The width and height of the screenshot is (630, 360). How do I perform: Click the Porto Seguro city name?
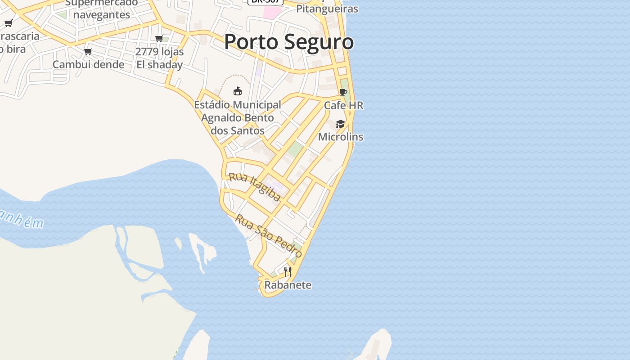pos(288,42)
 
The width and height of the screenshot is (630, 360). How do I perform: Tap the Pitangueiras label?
pos(327,9)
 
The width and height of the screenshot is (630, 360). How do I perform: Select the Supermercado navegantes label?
pos(102,9)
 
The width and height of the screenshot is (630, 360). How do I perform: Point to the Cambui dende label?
pos(88,64)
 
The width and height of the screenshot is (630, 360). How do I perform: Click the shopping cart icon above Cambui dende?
pos(88,51)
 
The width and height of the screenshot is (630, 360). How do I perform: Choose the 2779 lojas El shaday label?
pos(159,58)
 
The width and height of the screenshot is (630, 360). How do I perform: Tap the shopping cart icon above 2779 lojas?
pos(159,39)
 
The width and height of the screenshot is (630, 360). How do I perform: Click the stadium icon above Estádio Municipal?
pos(237,91)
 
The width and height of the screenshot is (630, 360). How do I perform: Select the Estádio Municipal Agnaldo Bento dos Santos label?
pos(237,117)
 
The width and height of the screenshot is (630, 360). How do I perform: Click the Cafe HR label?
pos(343,105)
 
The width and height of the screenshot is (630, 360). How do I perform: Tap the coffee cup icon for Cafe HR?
pos(343,92)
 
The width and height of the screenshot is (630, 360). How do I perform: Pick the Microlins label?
pos(340,137)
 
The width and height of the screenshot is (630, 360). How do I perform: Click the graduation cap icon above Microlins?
pos(340,124)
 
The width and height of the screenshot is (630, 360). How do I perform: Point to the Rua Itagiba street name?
pos(255,186)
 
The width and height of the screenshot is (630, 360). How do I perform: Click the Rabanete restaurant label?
pos(288,285)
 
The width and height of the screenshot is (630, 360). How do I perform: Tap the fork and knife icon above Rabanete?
pos(288,271)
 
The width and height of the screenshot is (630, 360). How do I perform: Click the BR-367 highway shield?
pos(265,2)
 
